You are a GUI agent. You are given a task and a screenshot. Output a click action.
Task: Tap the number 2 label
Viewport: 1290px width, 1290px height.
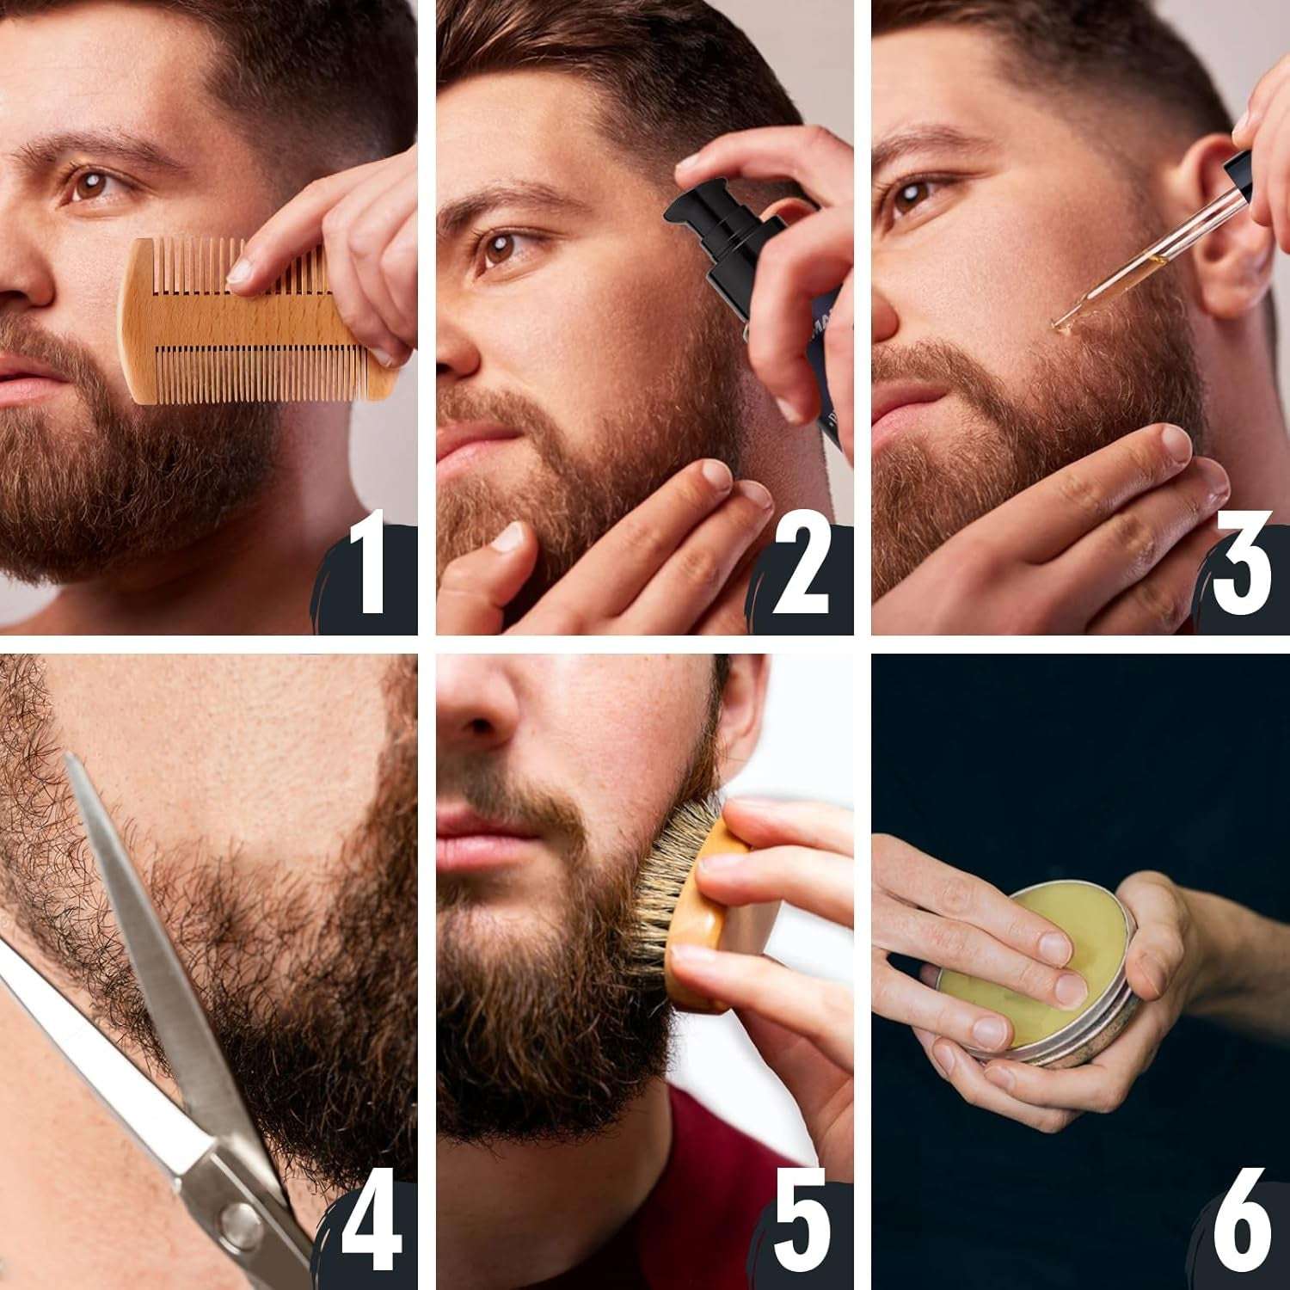pos(800,572)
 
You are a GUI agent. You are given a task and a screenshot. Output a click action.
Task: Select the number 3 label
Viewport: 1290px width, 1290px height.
pos(1241,572)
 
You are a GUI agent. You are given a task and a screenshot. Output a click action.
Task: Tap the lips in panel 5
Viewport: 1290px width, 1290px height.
pos(477,838)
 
